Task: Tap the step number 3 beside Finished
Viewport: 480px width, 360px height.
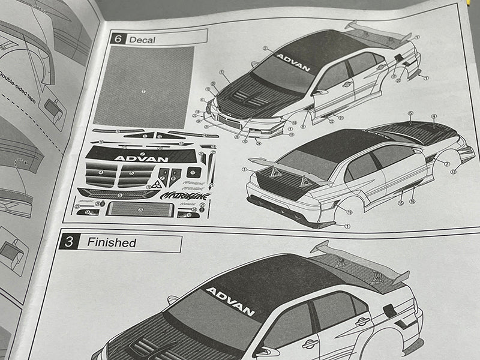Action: click(x=70, y=242)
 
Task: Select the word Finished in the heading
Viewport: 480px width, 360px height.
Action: click(x=112, y=243)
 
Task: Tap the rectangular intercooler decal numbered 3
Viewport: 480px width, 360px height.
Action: click(x=140, y=209)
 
